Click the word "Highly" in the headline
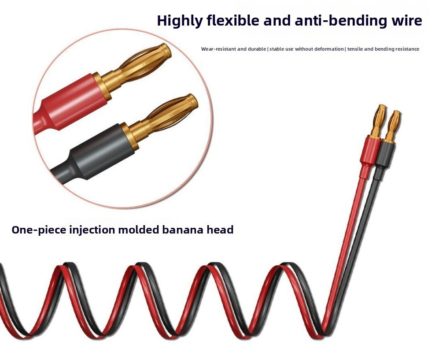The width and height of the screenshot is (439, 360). pos(179,21)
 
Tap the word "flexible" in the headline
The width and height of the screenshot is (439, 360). pos(233,20)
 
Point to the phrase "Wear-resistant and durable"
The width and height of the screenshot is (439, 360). pos(233,49)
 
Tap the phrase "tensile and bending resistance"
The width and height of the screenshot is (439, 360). pos(383,49)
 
